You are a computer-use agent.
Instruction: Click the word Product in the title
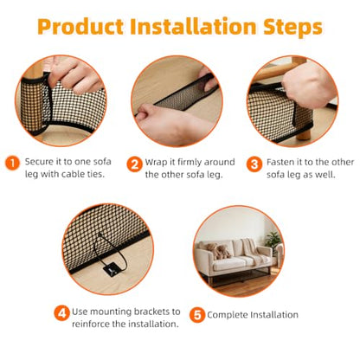pos(80,27)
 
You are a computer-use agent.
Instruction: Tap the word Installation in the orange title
pos(193,26)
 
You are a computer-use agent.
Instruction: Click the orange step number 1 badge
pos(12,164)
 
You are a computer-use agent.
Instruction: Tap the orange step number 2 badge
pos(135,164)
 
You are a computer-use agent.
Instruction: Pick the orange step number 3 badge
pos(254,164)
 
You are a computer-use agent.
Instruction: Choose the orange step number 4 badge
pos(61,312)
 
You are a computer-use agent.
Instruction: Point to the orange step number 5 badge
pos(197,315)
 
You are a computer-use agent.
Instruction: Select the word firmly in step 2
pos(190,162)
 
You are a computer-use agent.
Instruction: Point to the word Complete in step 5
pos(227,315)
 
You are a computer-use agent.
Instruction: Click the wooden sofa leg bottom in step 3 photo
pos(303,133)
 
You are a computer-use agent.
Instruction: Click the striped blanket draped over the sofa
pos(254,250)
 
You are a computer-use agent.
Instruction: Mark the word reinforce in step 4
pos(91,324)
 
